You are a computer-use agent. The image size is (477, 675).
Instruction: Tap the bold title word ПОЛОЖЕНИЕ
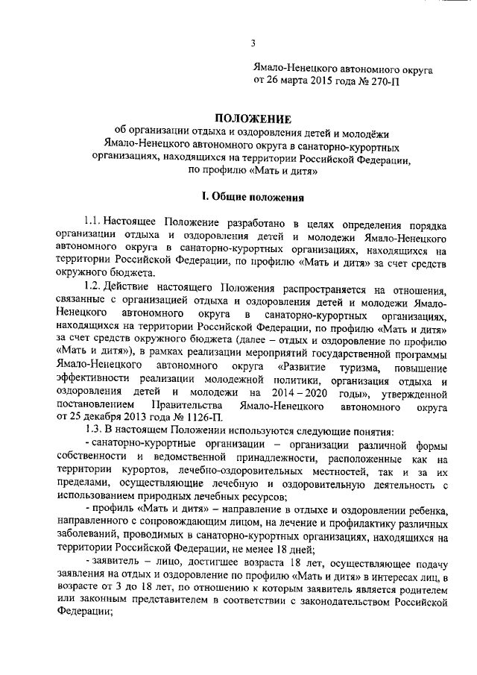tap(252, 118)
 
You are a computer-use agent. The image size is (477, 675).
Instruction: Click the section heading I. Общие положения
tap(253, 198)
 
